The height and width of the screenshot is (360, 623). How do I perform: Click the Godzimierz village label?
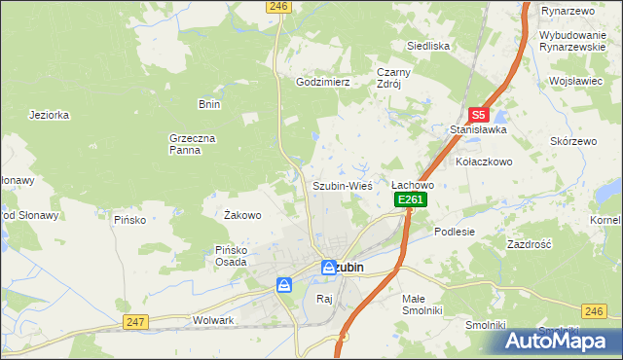click(322, 83)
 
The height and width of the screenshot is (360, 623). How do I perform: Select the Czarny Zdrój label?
click(395, 77)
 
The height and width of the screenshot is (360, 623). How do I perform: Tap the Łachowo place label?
click(412, 185)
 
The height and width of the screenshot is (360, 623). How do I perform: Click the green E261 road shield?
click(411, 199)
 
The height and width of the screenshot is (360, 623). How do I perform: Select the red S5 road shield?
click(477, 114)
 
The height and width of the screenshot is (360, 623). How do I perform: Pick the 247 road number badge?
click(135, 321)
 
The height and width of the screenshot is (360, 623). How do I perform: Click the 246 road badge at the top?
click(278, 6)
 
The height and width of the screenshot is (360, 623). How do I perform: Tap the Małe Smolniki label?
click(422, 304)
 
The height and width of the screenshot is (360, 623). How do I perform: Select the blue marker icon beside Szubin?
click(330, 266)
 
